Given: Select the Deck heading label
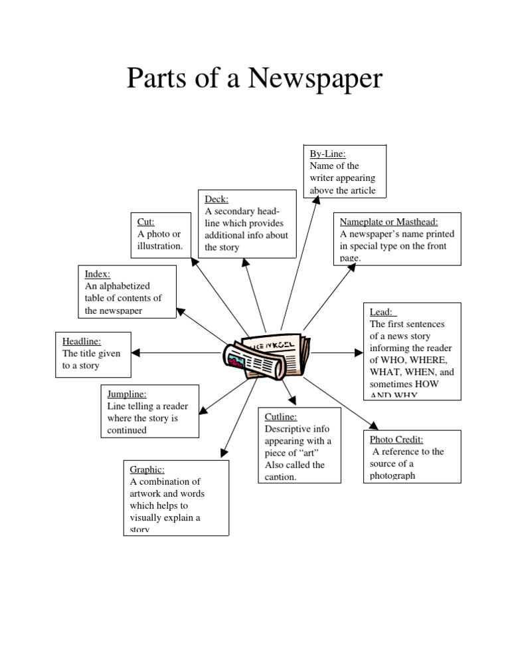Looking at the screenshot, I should [216, 199].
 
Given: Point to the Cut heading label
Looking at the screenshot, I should [145, 222].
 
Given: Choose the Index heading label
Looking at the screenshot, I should [98, 274].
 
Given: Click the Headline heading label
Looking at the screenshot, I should [82, 341].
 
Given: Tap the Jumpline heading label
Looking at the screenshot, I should [127, 394].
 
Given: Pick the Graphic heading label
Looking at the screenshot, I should [147, 469].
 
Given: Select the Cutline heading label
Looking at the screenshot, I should [282, 417].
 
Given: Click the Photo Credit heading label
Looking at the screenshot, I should [396, 440].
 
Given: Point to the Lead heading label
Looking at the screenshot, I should [381, 312].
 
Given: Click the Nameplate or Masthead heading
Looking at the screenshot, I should [389, 222].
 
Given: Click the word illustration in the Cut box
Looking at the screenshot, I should [160, 246].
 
